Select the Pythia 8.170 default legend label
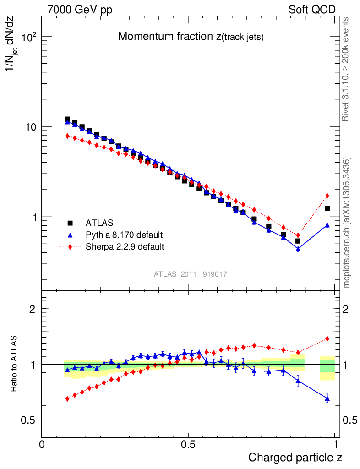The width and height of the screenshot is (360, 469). tap(124, 235)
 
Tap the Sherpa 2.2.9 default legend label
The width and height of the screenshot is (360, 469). tap(125, 247)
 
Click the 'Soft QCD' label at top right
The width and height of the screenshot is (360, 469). tap(312, 10)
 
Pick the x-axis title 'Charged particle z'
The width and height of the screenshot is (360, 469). tap(295, 457)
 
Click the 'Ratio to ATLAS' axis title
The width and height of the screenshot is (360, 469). tap(14, 364)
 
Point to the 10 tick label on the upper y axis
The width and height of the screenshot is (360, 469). tap(30, 127)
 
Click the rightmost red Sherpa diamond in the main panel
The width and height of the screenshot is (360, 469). tap(327, 196)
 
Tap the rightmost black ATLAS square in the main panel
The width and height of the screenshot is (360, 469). tap(327, 208)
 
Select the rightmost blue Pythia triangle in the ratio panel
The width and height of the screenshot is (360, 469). tap(327, 398)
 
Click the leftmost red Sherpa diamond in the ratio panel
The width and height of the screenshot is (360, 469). tap(67, 398)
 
